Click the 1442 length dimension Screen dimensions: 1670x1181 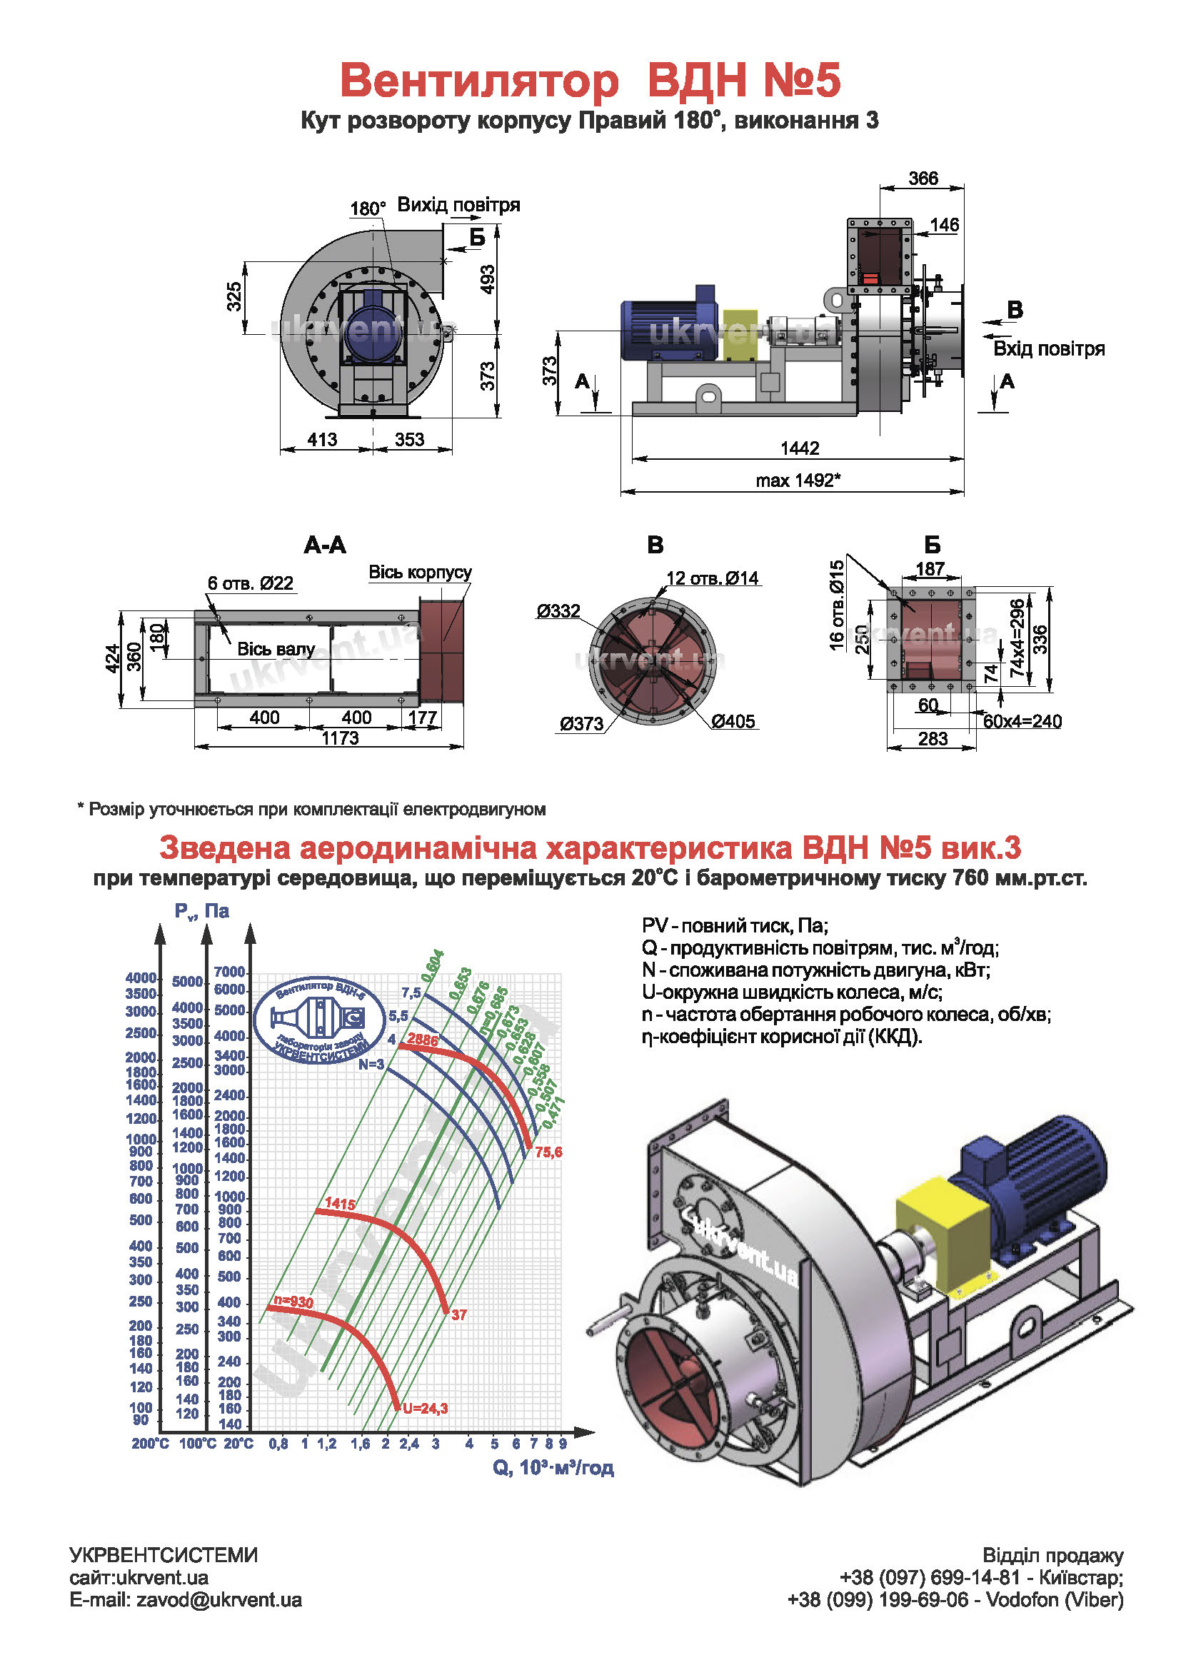pyautogui.click(x=799, y=448)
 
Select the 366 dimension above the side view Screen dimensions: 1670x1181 pyautogui.click(x=923, y=178)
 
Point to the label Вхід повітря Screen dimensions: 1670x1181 pyautogui.click(x=1049, y=348)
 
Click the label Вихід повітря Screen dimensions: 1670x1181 pyautogui.click(x=458, y=204)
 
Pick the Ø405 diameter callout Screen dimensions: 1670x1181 pyautogui.click(x=733, y=721)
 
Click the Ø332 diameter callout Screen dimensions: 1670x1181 pyautogui.click(x=558, y=611)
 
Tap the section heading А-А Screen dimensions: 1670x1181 pyautogui.click(x=324, y=545)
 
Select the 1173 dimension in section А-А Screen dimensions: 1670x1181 pyautogui.click(x=341, y=738)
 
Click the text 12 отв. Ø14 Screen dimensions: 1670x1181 pyautogui.click(x=712, y=578)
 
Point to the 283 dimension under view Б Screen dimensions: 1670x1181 pyautogui.click(x=933, y=739)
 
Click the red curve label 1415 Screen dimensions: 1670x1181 pyautogui.click(x=340, y=1203)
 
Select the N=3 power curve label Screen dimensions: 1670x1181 pyautogui.click(x=371, y=1064)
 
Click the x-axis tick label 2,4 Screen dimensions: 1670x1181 pyautogui.click(x=408, y=1444)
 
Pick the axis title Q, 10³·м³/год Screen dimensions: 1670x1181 pyautogui.click(x=553, y=1467)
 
